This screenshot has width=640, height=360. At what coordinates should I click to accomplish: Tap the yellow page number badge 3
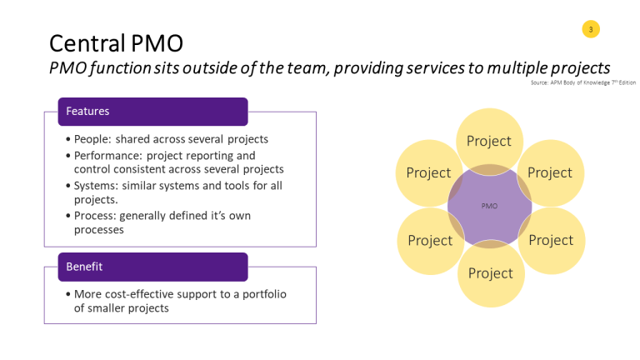591,30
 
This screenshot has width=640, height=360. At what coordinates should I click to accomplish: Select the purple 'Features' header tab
152,111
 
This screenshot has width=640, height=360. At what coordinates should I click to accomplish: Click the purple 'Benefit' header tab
152,267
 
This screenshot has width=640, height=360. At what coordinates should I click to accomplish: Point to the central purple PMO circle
489,205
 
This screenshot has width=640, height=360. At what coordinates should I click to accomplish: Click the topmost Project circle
489,141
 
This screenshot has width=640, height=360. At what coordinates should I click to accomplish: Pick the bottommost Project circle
490,273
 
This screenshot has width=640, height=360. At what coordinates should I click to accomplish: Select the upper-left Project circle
428,173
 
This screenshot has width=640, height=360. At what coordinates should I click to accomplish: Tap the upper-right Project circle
550,172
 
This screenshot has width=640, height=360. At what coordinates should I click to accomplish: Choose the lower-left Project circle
430,240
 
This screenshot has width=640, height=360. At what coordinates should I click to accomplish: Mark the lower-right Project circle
551,240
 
